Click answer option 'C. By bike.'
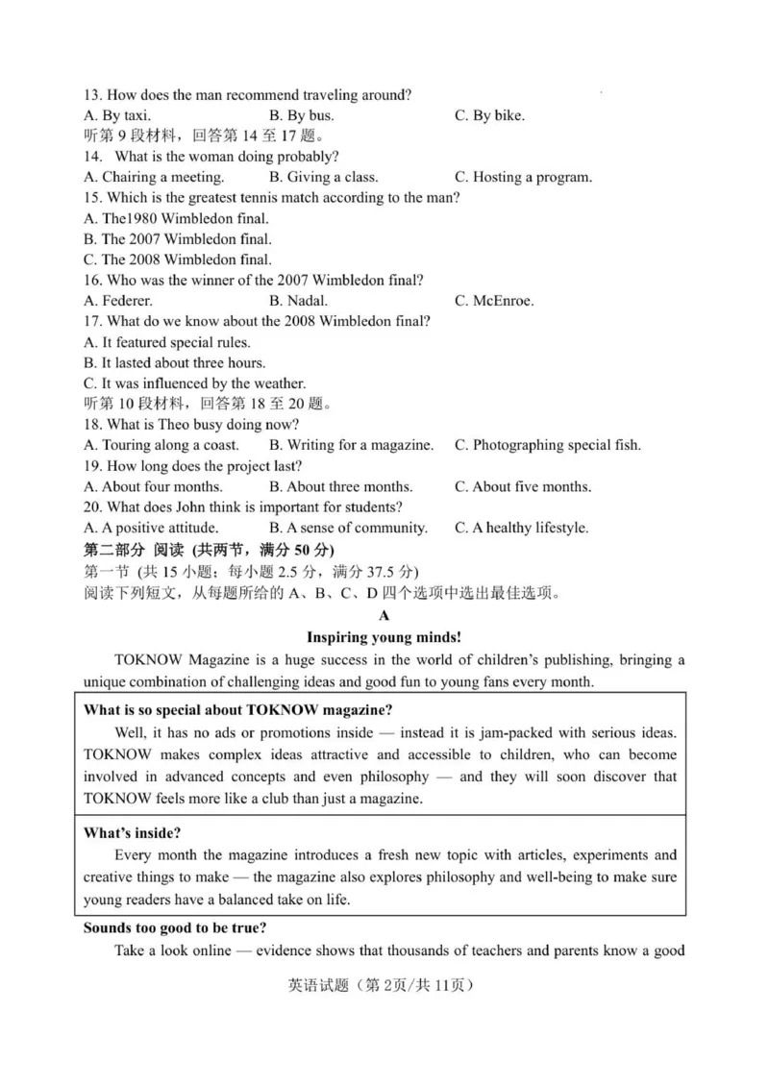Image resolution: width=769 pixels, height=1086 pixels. click(x=489, y=115)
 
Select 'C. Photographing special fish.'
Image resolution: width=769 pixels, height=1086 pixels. click(x=547, y=445)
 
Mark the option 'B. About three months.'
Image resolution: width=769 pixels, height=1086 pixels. click(x=341, y=486)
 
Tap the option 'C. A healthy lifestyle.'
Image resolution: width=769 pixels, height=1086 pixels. click(x=521, y=528)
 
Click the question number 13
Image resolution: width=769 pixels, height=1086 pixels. click(x=92, y=94)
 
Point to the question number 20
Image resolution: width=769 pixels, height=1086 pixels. click(x=93, y=506)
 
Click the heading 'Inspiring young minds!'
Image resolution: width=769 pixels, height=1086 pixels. click(x=384, y=636)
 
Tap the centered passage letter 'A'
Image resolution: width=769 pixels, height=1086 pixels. click(x=384, y=615)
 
